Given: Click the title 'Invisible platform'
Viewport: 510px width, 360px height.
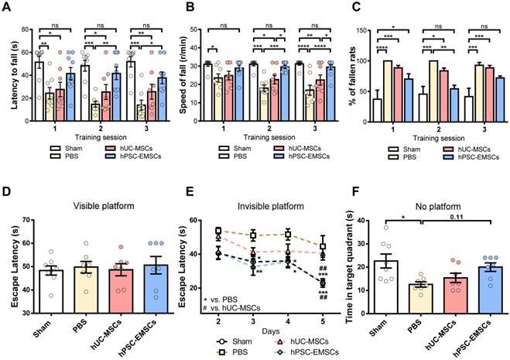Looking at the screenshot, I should click(x=259, y=207).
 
